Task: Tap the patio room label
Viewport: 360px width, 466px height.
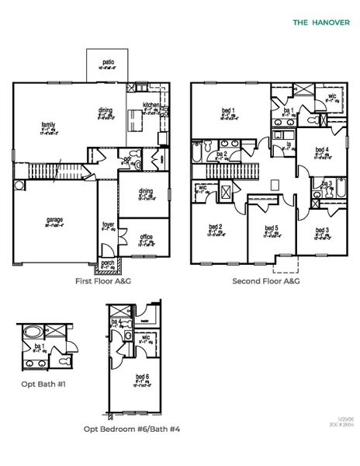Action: (x=108, y=62)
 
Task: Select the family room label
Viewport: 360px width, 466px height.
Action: (x=48, y=125)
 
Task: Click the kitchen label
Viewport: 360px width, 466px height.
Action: (x=151, y=105)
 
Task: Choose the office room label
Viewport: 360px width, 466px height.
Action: (x=146, y=237)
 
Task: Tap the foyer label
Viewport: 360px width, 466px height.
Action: (x=109, y=226)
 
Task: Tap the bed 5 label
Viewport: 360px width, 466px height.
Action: (x=271, y=228)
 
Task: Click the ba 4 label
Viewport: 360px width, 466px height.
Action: (x=117, y=322)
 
